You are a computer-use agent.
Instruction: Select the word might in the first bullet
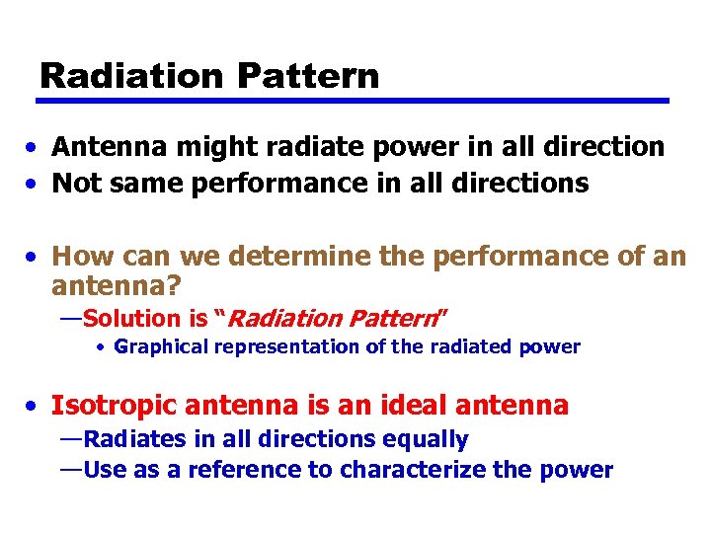point(203,147)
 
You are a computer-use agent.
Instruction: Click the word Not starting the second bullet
point(73,183)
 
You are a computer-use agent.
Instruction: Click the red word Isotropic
point(114,405)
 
